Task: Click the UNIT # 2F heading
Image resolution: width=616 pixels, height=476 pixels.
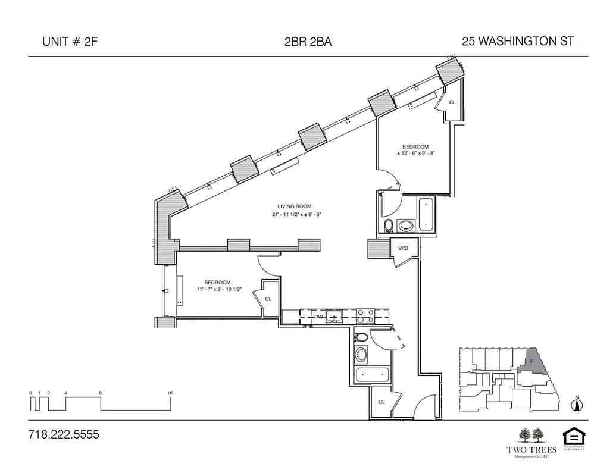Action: [x=67, y=42]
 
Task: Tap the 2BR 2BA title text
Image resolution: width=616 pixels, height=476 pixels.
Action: [x=308, y=42]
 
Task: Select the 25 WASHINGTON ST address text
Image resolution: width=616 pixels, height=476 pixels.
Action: [x=517, y=41]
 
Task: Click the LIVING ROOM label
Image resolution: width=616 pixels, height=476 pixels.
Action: [x=290, y=206]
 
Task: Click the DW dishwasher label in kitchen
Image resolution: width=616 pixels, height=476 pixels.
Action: [x=318, y=317]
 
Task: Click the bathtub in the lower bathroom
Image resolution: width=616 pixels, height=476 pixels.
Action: [x=373, y=375]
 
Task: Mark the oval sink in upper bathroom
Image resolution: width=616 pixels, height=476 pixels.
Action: [x=407, y=226]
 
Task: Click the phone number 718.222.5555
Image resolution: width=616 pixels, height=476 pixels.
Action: [x=64, y=435]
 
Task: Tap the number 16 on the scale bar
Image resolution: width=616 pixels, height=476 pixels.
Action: [x=170, y=393]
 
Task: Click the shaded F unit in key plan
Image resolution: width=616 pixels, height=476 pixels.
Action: [x=532, y=361]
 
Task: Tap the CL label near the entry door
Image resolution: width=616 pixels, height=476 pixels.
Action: [x=382, y=402]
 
